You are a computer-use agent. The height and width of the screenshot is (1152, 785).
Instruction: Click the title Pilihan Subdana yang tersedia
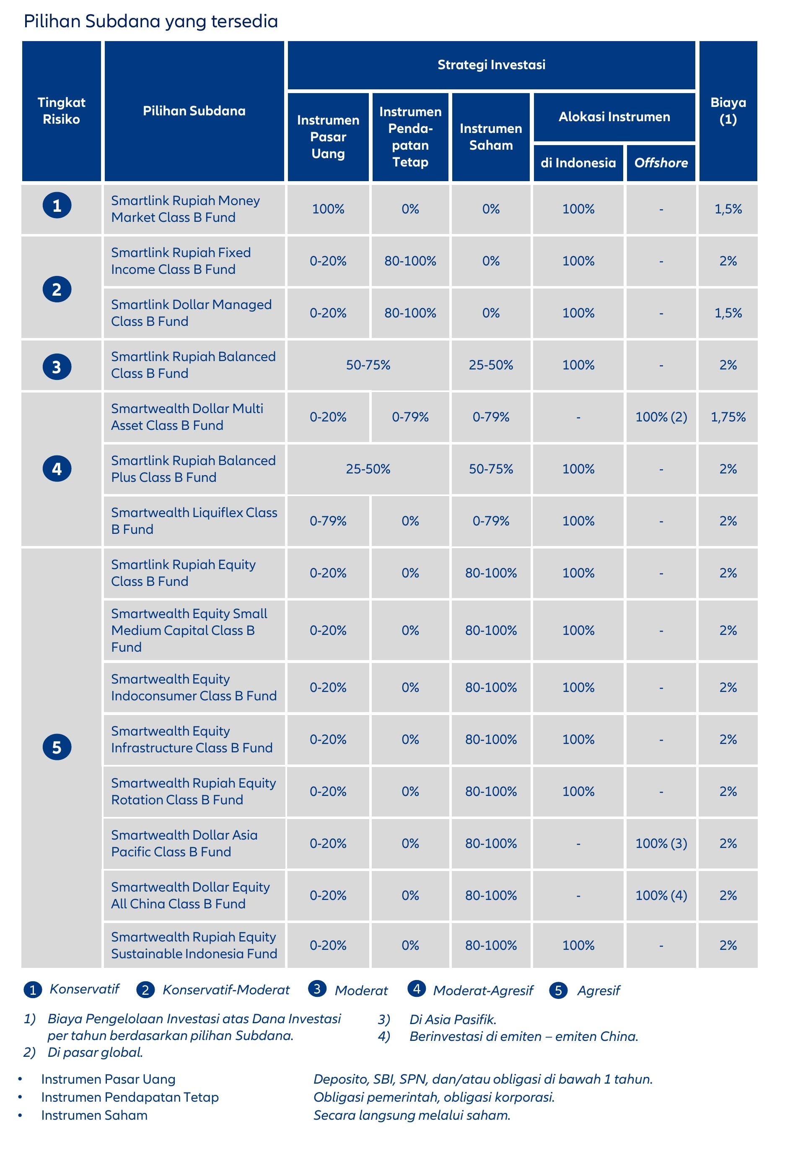(x=150, y=22)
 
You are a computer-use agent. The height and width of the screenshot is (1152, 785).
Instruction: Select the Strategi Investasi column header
(x=491, y=65)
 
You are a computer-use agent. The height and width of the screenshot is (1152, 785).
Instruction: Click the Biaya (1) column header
(x=728, y=111)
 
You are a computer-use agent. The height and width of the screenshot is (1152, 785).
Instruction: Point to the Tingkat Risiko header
(x=62, y=111)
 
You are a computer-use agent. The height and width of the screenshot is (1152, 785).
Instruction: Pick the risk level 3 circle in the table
(x=57, y=367)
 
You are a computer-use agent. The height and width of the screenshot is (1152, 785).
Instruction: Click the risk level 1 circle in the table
(x=57, y=205)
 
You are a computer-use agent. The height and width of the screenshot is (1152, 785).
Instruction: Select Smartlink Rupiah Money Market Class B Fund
(x=185, y=209)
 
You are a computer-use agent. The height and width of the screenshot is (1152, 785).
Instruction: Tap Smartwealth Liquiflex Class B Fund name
(x=194, y=520)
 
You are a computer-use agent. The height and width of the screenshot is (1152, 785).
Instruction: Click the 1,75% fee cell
(x=728, y=417)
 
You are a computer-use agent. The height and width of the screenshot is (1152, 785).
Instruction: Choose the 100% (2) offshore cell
(x=661, y=417)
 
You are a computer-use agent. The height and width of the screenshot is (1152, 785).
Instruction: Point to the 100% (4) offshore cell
(x=661, y=895)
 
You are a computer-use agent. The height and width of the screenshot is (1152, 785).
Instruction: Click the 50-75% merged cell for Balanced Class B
(x=368, y=365)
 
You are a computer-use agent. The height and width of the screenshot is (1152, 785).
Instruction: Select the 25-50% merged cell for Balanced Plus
(x=368, y=469)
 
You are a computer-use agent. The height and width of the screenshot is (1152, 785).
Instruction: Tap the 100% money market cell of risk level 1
(x=328, y=209)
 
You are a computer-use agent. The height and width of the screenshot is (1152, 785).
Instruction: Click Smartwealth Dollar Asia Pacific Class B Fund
(x=184, y=843)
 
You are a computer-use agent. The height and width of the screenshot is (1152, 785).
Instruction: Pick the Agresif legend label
(x=598, y=991)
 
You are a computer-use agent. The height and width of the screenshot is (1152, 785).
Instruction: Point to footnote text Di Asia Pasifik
(x=453, y=1019)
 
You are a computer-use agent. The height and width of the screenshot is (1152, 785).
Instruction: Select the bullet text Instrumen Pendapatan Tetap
(x=130, y=1097)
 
